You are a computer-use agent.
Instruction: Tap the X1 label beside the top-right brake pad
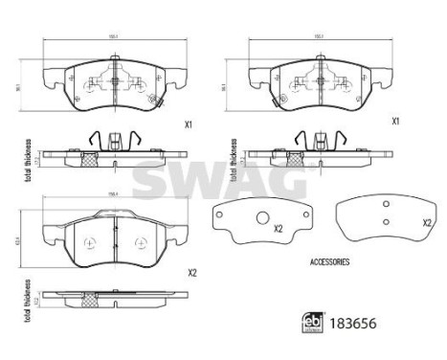pyautogui.click(x=393, y=122)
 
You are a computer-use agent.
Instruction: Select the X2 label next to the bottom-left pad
pyautogui.click(x=192, y=273)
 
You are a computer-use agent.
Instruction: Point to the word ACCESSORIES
pyautogui.click(x=330, y=260)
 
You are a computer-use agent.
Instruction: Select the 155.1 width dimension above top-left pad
pyautogui.click(x=114, y=36)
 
